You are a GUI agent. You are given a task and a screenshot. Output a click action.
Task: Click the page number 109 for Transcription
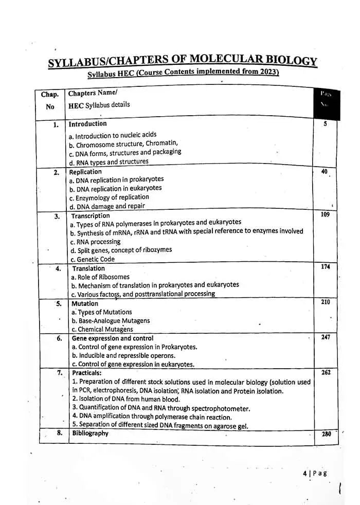pos(325,214)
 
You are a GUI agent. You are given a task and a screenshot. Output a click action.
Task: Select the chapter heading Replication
pos(85,172)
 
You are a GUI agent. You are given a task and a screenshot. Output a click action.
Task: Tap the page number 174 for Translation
pos(325,267)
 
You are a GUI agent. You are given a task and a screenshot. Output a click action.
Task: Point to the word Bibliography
pos(91,433)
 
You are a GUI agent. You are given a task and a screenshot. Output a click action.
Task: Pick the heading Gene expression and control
pos(113,338)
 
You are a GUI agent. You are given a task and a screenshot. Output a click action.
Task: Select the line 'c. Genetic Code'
pos(93,259)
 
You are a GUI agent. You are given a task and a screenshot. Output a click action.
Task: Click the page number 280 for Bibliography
pos(327,434)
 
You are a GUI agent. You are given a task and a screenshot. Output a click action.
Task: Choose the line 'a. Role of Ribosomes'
pos(100,277)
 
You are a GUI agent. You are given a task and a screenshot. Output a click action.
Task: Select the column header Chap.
pos(50,95)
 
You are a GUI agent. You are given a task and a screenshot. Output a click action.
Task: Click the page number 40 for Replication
pos(324,172)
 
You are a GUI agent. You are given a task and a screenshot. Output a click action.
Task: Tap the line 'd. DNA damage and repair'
pos(107,206)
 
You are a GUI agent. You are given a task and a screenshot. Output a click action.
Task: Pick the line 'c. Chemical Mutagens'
pos(102,329)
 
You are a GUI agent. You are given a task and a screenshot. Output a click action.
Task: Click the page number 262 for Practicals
pos(326,372)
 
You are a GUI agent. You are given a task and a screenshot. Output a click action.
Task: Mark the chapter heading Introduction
pos(88,124)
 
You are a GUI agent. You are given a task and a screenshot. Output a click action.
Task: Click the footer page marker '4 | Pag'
pos(315,473)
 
